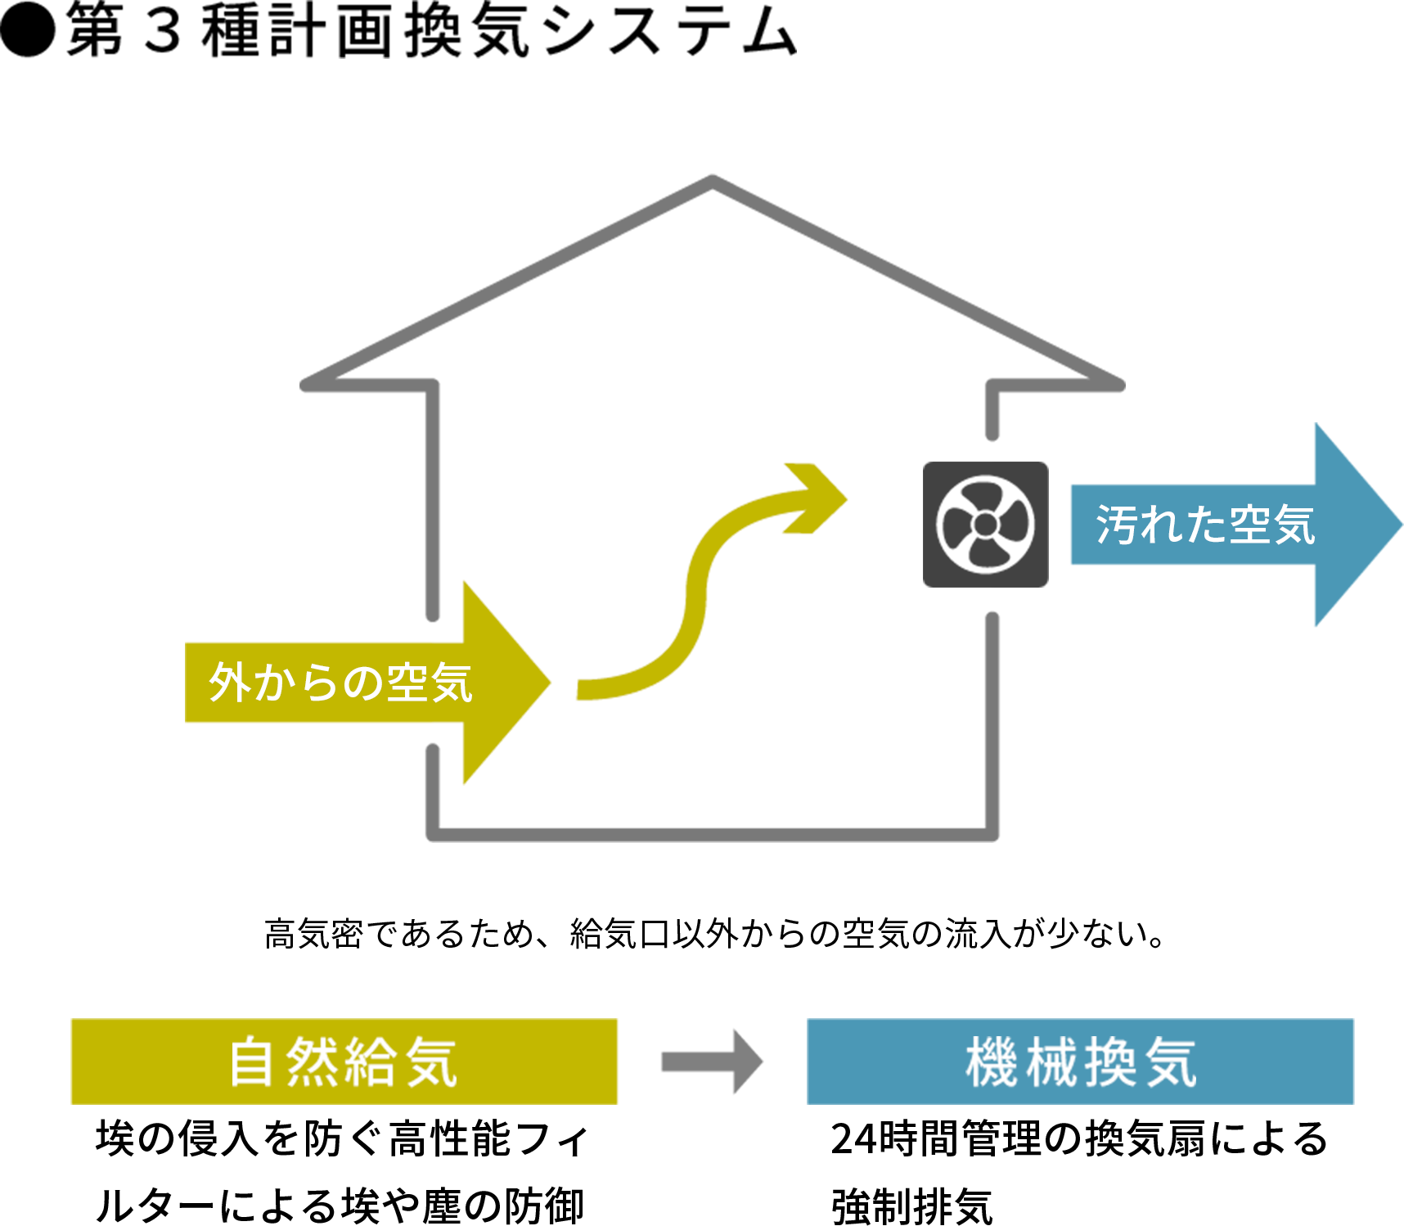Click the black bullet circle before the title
(28, 30)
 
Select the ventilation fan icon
(985, 525)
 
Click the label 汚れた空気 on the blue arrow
(1204, 525)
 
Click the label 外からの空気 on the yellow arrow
(340, 683)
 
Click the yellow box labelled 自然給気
(344, 1061)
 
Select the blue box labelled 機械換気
(1080, 1061)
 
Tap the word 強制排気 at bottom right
(912, 1206)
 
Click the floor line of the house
(712, 835)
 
